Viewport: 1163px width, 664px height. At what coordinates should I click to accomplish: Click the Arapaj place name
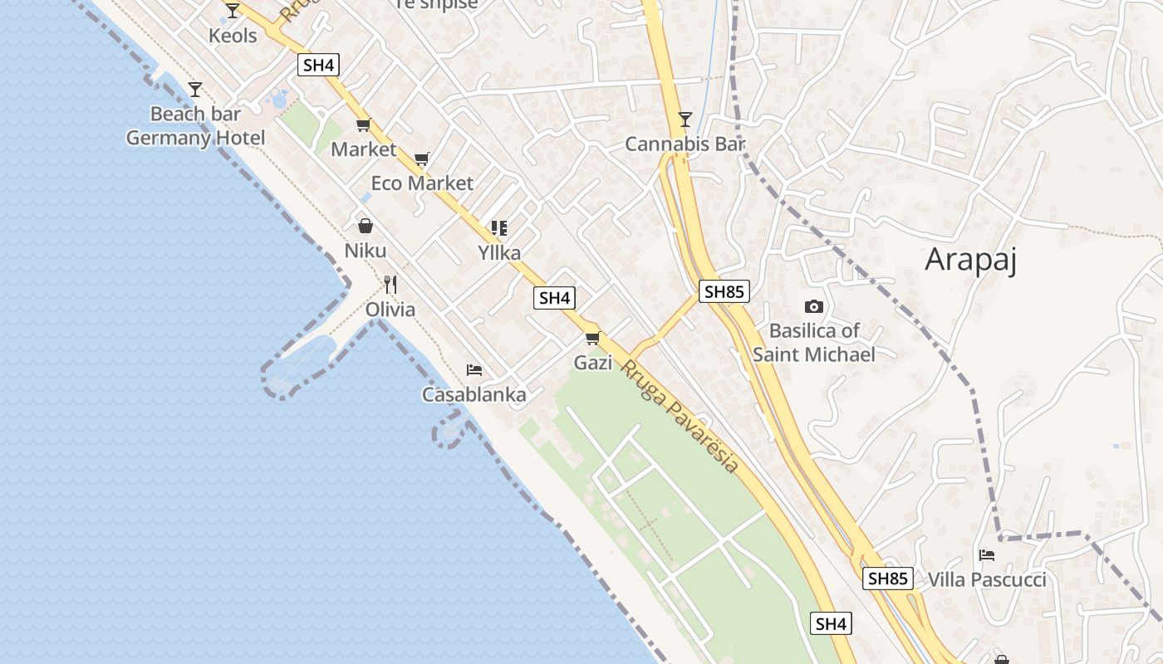click(970, 260)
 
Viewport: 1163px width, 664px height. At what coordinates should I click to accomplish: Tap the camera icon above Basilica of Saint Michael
click(814, 306)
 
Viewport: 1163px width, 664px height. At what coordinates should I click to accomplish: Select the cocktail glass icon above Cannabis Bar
click(685, 120)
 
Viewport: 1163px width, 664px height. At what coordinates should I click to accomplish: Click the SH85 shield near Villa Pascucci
click(888, 579)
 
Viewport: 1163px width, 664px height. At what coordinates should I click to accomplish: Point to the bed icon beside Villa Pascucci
click(987, 554)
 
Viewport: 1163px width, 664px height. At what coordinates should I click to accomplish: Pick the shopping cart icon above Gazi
click(592, 338)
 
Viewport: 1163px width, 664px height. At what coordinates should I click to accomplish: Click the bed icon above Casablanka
click(474, 369)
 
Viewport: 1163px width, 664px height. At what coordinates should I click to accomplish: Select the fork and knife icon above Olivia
click(390, 285)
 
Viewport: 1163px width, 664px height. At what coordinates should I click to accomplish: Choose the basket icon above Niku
click(365, 226)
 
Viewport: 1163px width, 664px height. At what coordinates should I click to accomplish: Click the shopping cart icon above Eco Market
click(422, 159)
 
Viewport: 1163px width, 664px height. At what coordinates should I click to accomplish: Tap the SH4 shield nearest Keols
click(319, 65)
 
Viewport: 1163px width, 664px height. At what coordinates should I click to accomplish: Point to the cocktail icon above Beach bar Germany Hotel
click(195, 89)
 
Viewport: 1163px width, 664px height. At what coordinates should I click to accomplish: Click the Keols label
click(233, 36)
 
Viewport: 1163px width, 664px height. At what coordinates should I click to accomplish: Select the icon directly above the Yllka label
click(499, 227)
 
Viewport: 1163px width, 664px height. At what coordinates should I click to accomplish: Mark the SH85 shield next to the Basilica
click(724, 291)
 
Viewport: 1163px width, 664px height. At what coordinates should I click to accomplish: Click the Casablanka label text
click(474, 395)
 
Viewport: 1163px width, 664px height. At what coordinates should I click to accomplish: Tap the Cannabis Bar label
click(685, 144)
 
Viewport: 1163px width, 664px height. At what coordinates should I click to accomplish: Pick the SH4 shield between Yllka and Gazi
click(554, 298)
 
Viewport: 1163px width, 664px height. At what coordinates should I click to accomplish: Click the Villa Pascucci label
click(987, 579)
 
